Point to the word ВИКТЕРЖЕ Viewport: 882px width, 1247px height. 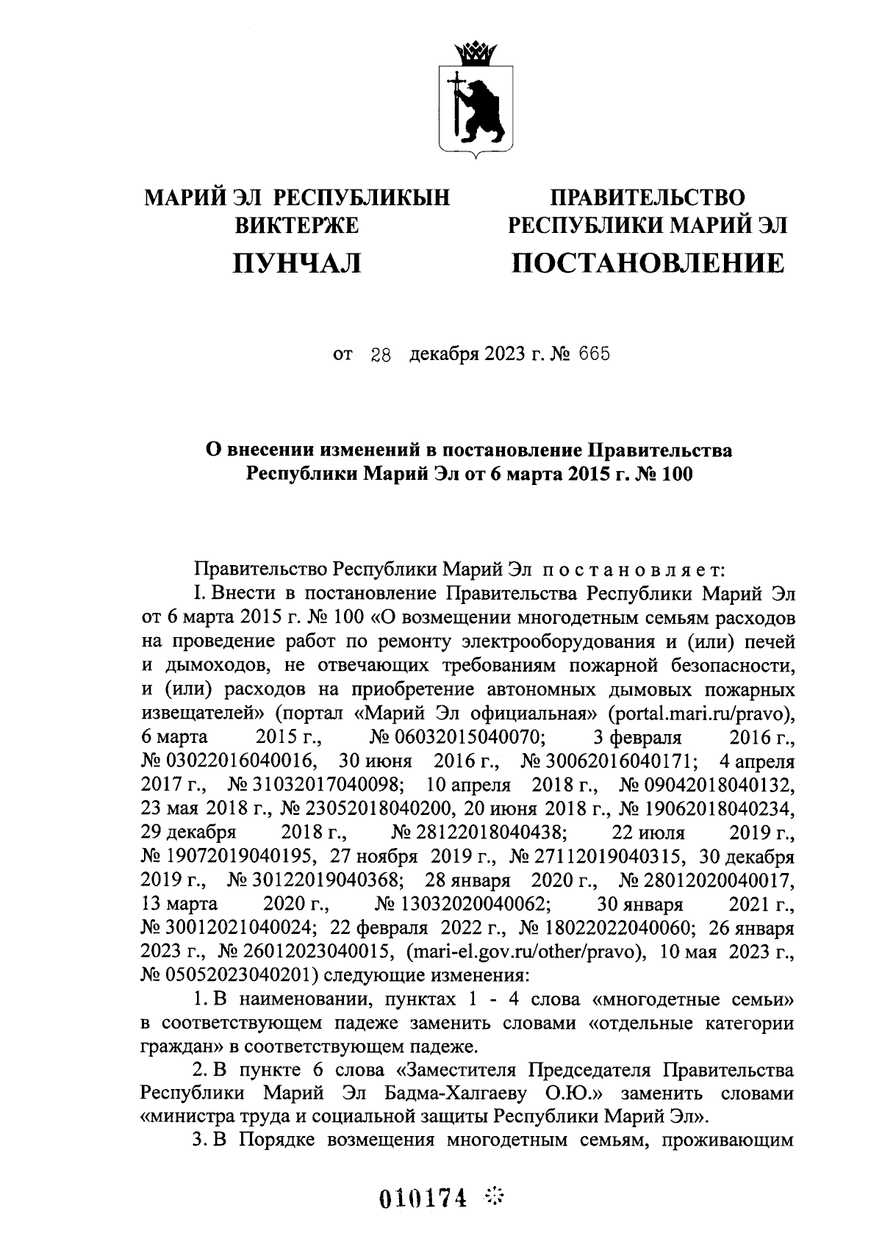[x=296, y=226]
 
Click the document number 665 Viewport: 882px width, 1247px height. [x=595, y=356]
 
